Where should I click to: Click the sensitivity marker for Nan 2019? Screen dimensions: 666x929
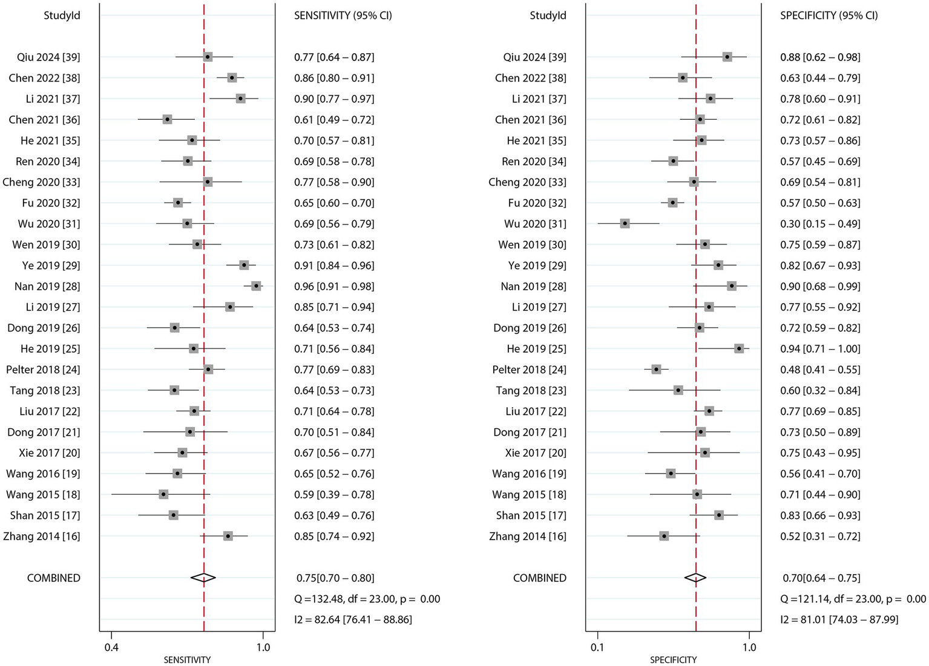(256, 286)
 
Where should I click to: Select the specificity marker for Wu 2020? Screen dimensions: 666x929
(625, 223)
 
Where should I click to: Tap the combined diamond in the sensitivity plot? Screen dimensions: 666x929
(203, 578)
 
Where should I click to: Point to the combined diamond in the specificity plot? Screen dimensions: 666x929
(695, 578)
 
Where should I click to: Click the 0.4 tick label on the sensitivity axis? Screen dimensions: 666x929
(111, 647)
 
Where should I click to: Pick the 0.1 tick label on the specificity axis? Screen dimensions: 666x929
(597, 647)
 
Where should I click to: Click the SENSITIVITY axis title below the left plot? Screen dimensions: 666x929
(187, 660)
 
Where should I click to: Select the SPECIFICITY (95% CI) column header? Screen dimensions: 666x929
(829, 15)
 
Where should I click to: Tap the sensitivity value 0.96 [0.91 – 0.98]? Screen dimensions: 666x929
(334, 286)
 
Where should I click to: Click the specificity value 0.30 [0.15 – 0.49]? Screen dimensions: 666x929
(820, 224)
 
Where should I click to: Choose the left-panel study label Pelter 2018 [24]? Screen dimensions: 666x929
(43, 370)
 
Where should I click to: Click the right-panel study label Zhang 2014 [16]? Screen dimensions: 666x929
(528, 536)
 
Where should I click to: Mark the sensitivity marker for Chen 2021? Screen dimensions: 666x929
(167, 119)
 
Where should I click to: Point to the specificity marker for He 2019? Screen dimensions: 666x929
(739, 348)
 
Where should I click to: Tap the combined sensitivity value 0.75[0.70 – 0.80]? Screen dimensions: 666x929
(335, 578)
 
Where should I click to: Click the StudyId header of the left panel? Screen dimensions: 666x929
(62, 15)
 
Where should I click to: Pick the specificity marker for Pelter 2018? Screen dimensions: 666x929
(656, 369)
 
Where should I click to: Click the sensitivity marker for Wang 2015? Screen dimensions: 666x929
(163, 494)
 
